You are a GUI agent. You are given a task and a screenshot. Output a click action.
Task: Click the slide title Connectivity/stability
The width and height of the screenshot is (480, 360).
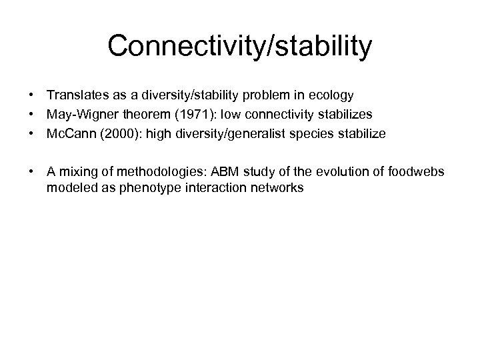(240, 46)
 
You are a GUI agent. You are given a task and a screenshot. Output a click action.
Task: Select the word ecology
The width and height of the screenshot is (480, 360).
(330, 97)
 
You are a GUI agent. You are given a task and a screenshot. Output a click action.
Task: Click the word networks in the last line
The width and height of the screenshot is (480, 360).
(277, 189)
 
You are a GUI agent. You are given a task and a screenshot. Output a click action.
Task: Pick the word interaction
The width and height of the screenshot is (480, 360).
(211, 189)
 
